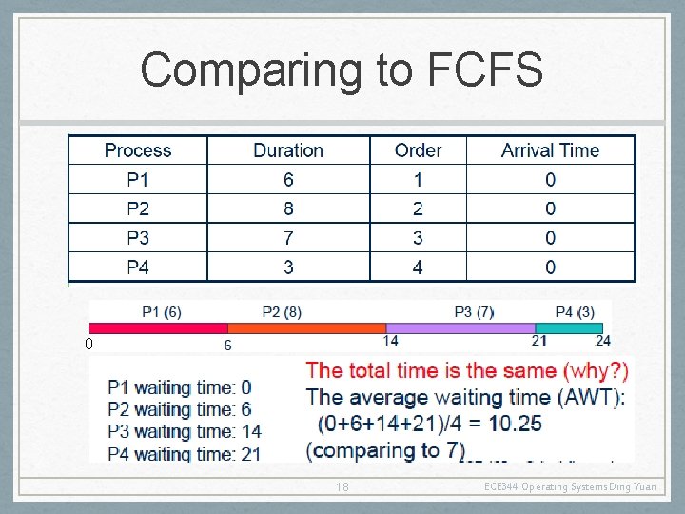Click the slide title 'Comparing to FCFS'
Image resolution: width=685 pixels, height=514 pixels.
pyautogui.click(x=342, y=69)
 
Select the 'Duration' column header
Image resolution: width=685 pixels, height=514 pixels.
pyautogui.click(x=288, y=150)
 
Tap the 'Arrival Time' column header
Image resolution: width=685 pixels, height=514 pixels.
pyautogui.click(x=550, y=150)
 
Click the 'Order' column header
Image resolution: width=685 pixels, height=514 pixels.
pyautogui.click(x=418, y=150)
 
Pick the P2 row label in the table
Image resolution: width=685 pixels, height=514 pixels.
pyautogui.click(x=138, y=208)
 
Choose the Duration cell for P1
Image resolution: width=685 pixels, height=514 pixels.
pyautogui.click(x=288, y=180)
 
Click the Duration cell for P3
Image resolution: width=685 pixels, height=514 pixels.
pyautogui.click(x=288, y=238)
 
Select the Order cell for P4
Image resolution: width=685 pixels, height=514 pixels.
pyautogui.click(x=418, y=267)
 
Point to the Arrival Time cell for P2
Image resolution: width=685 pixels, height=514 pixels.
pyautogui.click(x=550, y=208)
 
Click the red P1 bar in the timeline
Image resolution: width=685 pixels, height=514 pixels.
pyautogui.click(x=157, y=327)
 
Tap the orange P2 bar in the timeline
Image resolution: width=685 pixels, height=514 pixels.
pyautogui.click(x=306, y=327)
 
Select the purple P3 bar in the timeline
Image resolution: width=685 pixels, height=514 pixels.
pyautogui.click(x=461, y=327)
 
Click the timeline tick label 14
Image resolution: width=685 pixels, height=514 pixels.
pyautogui.click(x=390, y=341)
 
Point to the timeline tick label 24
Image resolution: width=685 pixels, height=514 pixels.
pyautogui.click(x=603, y=341)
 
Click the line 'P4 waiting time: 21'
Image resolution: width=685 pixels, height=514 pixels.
pyautogui.click(x=184, y=454)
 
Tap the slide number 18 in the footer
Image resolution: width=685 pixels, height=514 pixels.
pyautogui.click(x=342, y=487)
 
